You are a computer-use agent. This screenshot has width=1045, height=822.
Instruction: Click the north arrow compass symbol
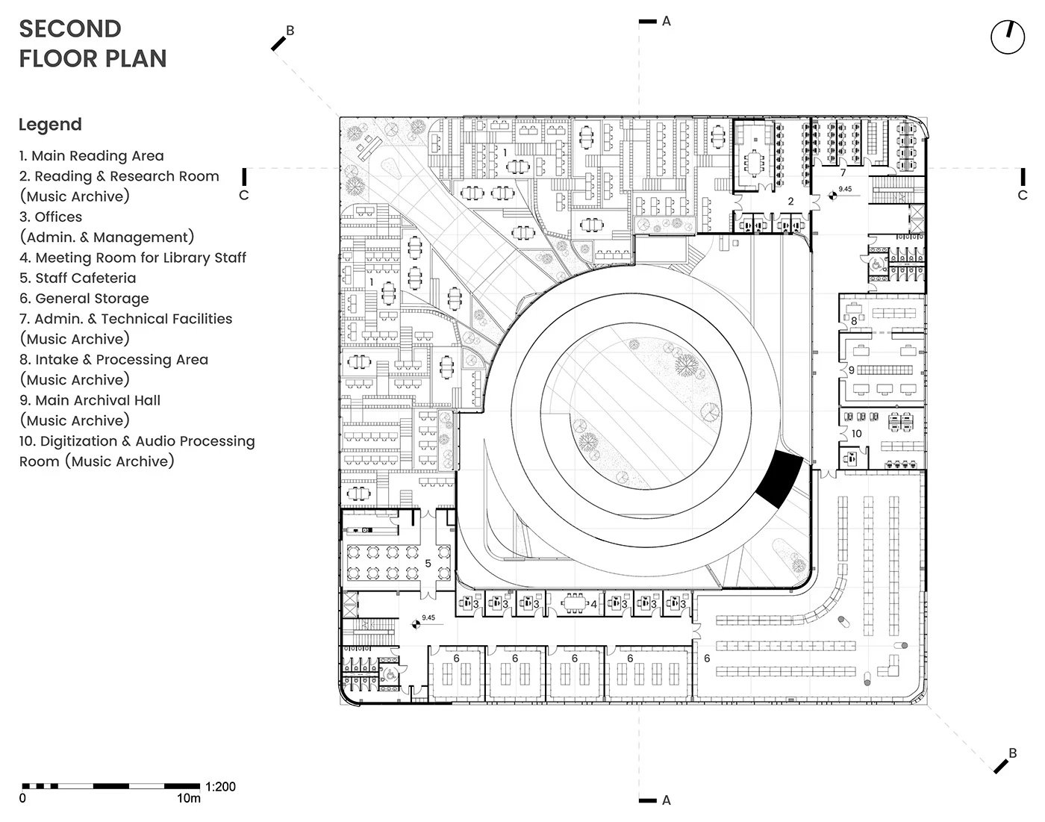pos(1008,37)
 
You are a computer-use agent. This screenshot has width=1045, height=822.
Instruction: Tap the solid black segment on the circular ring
pos(779,479)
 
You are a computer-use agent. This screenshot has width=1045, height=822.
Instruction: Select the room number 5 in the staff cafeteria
pos(428,564)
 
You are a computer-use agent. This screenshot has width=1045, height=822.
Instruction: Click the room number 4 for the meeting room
pos(593,605)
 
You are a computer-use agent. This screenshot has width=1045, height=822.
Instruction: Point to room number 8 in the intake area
pos(854,321)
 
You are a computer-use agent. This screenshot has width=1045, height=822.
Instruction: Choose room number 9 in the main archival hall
pos(851,370)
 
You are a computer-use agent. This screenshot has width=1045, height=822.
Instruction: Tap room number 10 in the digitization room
pos(857,433)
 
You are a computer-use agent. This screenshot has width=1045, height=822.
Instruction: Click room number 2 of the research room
pos(790,201)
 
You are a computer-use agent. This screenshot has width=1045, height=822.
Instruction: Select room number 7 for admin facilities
pos(843,172)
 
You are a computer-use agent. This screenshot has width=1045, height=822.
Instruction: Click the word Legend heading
pos(50,125)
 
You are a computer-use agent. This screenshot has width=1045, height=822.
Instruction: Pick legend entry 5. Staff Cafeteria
pos(78,278)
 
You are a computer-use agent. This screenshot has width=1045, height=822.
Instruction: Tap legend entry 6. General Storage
pos(84,299)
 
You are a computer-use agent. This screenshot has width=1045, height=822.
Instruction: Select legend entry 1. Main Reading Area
pos(91,156)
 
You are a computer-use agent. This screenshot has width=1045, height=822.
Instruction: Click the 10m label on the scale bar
pos(188,798)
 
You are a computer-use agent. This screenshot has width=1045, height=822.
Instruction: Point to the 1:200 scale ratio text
pos(220,786)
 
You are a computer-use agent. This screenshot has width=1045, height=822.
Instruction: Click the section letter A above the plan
pos(667,22)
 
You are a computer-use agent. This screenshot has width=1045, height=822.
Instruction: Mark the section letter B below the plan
pos(1012,753)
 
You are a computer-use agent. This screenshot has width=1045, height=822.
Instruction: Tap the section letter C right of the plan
pos(1022,196)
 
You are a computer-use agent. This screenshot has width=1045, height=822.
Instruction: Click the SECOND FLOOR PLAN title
pos(93,44)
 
